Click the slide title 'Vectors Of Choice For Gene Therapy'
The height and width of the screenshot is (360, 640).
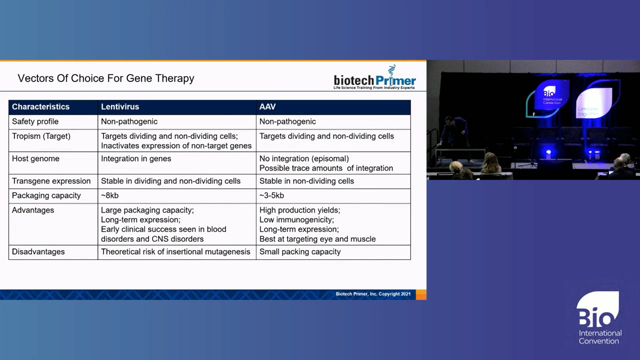(106, 78)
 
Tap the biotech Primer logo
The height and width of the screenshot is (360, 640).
(375, 78)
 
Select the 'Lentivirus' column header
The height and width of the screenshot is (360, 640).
(120, 107)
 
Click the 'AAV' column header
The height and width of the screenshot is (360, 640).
(267, 107)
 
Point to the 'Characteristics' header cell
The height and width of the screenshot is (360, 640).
(41, 107)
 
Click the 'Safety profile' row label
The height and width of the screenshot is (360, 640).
(35, 122)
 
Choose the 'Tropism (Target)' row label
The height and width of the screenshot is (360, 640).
(41, 136)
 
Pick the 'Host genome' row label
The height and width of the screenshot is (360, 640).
(36, 159)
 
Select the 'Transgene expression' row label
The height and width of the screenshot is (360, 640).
(51, 181)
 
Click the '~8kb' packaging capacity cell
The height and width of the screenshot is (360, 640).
(110, 196)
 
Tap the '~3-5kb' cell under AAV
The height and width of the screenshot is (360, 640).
(272, 196)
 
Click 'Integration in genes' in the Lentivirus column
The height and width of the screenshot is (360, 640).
(136, 159)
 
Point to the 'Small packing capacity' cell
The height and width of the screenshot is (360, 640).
(300, 252)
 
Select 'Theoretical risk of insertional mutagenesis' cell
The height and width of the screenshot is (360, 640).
(176, 252)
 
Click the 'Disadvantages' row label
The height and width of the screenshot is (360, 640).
(38, 252)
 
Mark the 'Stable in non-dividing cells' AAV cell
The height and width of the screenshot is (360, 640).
(307, 181)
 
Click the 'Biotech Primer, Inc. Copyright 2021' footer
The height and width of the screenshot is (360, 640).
(373, 294)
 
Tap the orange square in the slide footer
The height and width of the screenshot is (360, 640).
(421, 295)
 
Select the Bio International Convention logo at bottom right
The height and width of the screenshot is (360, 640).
(599, 318)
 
